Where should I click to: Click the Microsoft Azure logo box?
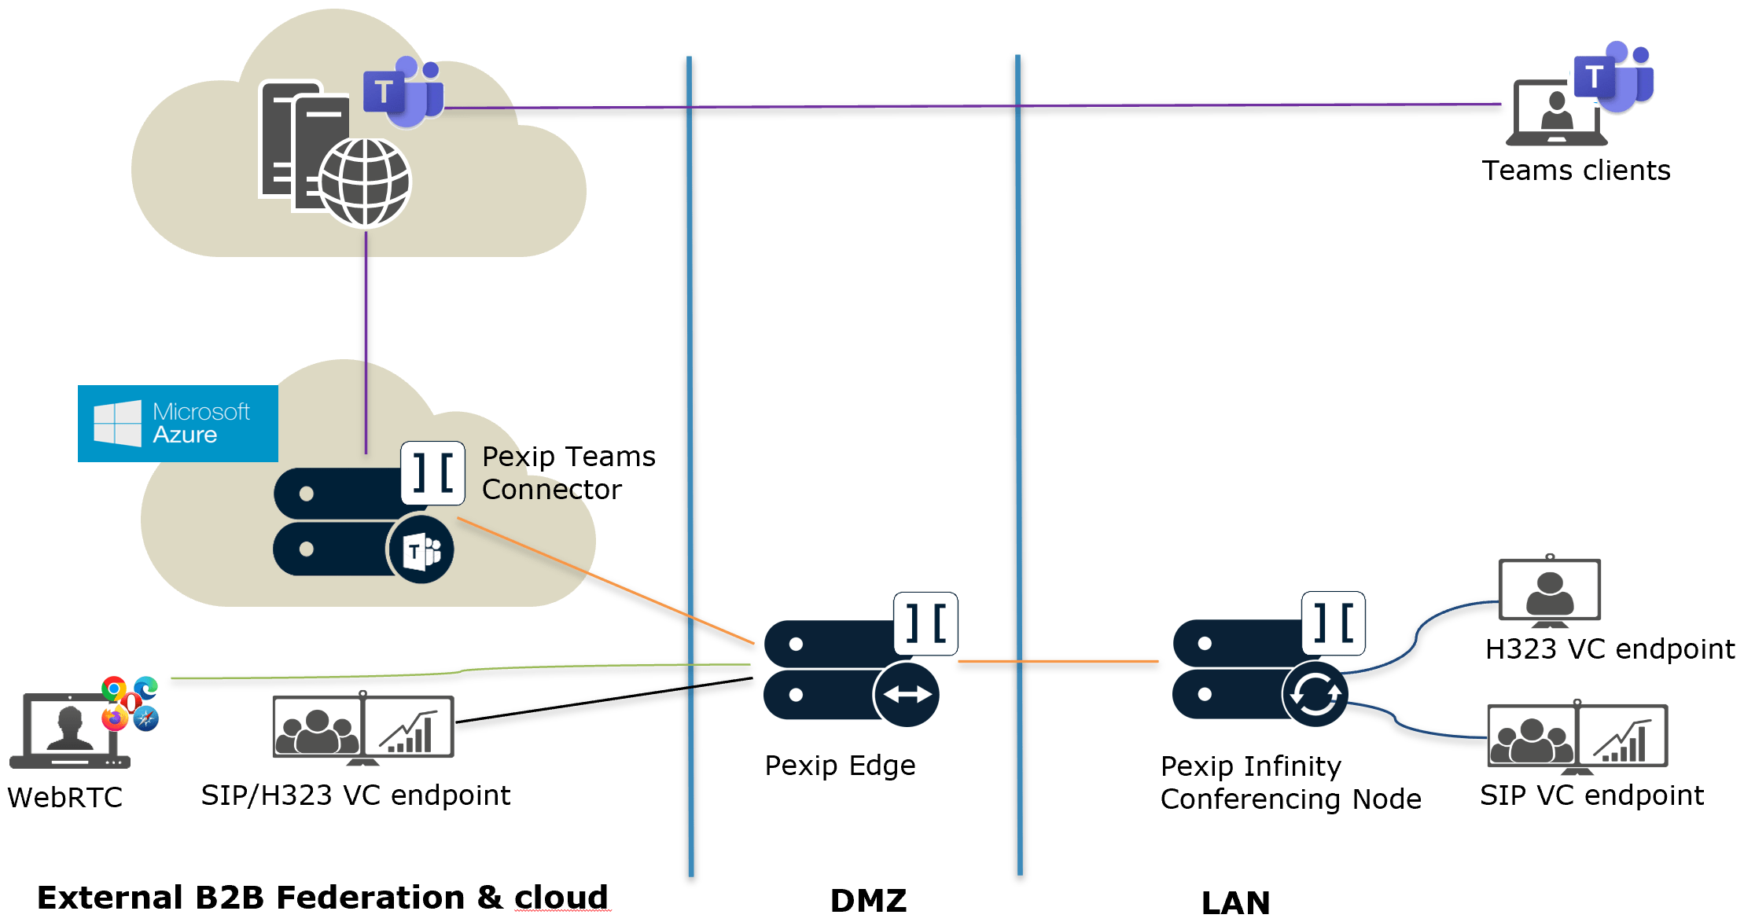(178, 423)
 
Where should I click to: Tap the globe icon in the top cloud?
(365, 182)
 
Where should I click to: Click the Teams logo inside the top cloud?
(403, 91)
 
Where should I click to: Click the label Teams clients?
(1576, 171)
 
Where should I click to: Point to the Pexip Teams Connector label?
(568, 472)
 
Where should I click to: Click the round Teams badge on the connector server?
(421, 550)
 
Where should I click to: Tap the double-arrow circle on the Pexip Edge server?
(907, 694)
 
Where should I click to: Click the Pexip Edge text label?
(840, 765)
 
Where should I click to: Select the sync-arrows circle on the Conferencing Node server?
(1315, 694)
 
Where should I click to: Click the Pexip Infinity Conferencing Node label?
(1290, 782)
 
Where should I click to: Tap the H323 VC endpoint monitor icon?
(1549, 591)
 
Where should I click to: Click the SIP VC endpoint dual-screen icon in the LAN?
(1577, 736)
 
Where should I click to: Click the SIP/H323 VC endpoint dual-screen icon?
(362, 728)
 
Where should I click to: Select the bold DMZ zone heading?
(868, 900)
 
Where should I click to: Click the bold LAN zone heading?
(1235, 902)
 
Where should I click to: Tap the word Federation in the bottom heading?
(370, 897)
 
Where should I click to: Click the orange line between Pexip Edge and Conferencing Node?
(1058, 661)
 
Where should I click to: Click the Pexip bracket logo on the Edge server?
(925, 623)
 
